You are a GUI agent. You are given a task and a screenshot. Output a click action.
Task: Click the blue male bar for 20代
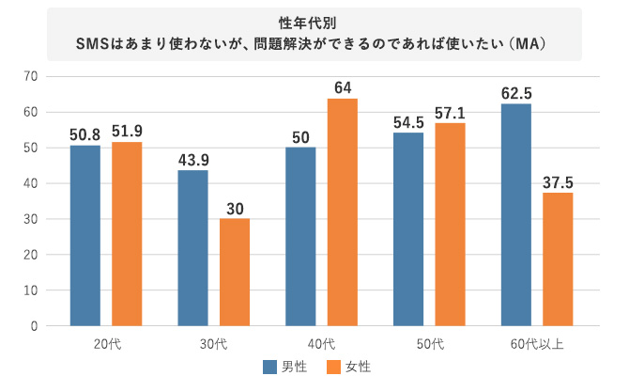click(84, 235)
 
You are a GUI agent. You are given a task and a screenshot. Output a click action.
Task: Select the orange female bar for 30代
click(235, 272)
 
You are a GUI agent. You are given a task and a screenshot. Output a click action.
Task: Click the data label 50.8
click(84, 133)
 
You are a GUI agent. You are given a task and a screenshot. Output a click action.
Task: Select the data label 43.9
click(192, 159)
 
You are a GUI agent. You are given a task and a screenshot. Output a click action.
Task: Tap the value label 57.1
click(451, 111)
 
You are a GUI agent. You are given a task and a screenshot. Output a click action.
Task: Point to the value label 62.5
click(515, 92)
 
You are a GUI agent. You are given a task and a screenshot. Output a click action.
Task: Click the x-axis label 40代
click(321, 343)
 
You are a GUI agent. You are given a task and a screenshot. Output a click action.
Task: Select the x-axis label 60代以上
click(537, 343)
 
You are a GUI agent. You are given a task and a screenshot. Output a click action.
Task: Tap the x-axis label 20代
click(106, 343)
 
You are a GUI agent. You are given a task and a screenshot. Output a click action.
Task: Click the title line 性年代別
click(314, 23)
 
